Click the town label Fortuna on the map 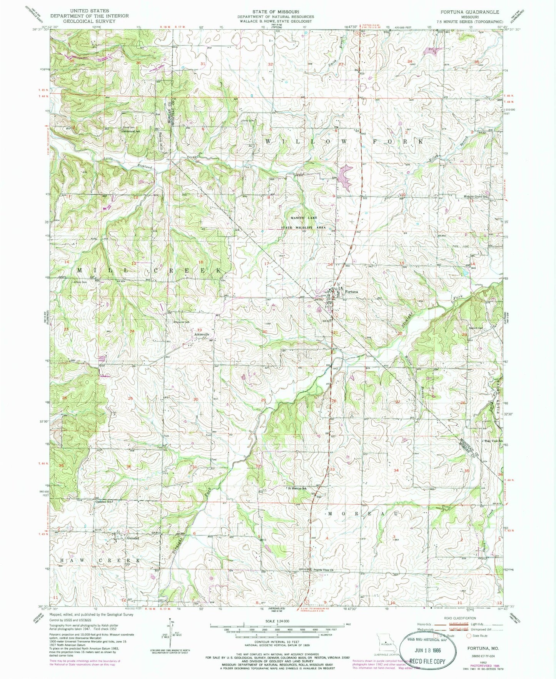coord(352,292)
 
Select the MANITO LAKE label coord(304,218)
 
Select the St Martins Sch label coord(299,488)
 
